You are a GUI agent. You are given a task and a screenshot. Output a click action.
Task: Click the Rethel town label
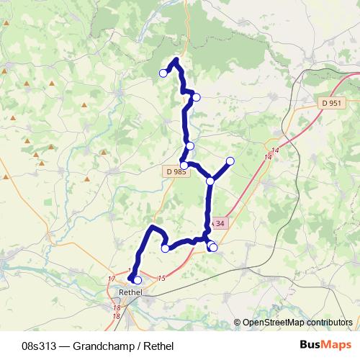130,292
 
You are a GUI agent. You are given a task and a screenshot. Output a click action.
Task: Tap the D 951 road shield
330,104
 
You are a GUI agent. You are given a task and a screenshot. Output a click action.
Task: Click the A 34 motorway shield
219,223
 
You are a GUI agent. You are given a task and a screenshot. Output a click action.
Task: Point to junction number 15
161,278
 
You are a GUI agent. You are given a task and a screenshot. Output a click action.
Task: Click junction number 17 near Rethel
112,279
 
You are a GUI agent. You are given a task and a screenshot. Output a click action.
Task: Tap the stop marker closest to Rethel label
137,280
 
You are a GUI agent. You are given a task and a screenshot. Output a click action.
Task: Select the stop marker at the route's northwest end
163,73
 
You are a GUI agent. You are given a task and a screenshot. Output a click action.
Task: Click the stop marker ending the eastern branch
230,161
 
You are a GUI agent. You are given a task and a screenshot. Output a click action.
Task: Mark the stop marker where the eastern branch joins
210,181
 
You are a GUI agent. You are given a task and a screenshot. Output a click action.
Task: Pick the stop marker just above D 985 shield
184,165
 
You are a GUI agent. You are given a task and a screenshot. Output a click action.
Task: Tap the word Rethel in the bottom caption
158,346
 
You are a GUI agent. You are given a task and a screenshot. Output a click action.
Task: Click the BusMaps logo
322,345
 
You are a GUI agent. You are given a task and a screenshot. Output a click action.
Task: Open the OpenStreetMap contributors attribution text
297,323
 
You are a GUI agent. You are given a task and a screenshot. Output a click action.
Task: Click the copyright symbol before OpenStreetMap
237,323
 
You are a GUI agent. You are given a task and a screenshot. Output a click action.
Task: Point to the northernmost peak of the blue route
176,59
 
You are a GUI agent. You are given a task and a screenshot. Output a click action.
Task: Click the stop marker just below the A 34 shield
212,248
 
